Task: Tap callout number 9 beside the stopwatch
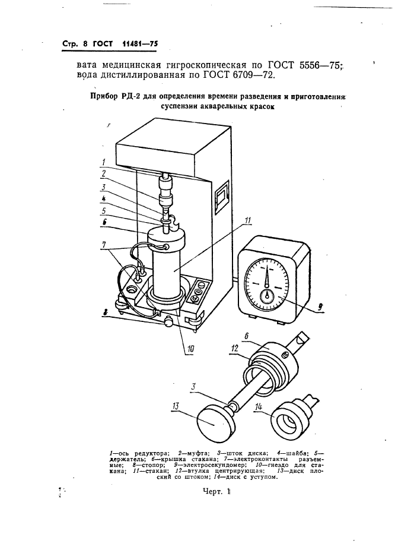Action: (x=320, y=307)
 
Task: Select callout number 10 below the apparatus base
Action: (x=190, y=349)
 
